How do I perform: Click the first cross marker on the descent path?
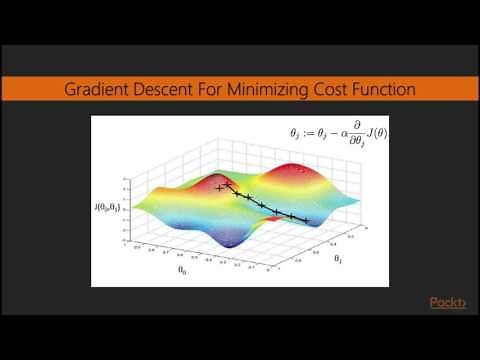(x=219, y=187)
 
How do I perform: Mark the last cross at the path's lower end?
(x=305, y=219)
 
